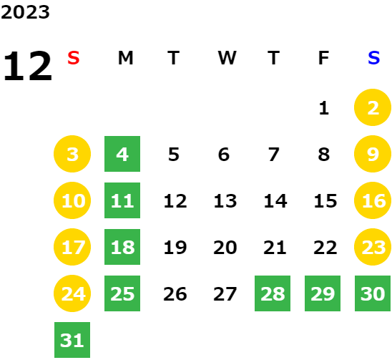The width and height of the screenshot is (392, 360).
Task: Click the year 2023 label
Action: pyautogui.click(x=25, y=12)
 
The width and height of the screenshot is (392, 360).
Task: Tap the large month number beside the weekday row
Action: pyautogui.click(x=27, y=66)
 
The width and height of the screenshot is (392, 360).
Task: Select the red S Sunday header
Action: pyautogui.click(x=74, y=58)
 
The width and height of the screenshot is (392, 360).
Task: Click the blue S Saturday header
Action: pyautogui.click(x=373, y=58)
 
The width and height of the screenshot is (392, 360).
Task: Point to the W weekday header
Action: pyautogui.click(x=227, y=58)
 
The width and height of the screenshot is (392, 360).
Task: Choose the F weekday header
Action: pyautogui.click(x=323, y=58)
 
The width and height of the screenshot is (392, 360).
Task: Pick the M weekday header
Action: pyautogui.click(x=125, y=58)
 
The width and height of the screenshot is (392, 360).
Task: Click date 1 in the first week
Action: pyautogui.click(x=324, y=108)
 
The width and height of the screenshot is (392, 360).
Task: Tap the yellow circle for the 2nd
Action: pyautogui.click(x=373, y=107)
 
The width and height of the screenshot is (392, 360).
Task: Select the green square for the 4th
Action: pyautogui.click(x=122, y=154)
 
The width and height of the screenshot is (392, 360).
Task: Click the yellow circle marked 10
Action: pyautogui.click(x=72, y=200)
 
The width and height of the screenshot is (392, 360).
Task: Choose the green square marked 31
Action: pyautogui.click(x=72, y=340)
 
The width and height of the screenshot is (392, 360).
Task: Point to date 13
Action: pyautogui.click(x=225, y=201)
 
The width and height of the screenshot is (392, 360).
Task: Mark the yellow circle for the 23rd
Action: pyautogui.click(x=373, y=247)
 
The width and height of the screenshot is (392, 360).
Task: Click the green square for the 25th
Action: pyautogui.click(x=122, y=293)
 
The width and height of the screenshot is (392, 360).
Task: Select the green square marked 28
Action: pyautogui.click(x=273, y=293)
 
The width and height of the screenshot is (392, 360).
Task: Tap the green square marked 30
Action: pyautogui.click(x=373, y=293)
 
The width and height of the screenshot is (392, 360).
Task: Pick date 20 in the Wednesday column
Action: pyautogui.click(x=225, y=248)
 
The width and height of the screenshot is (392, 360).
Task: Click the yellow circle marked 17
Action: pyautogui.click(x=72, y=247)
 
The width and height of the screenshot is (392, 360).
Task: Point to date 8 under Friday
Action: pyautogui.click(x=324, y=155)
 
